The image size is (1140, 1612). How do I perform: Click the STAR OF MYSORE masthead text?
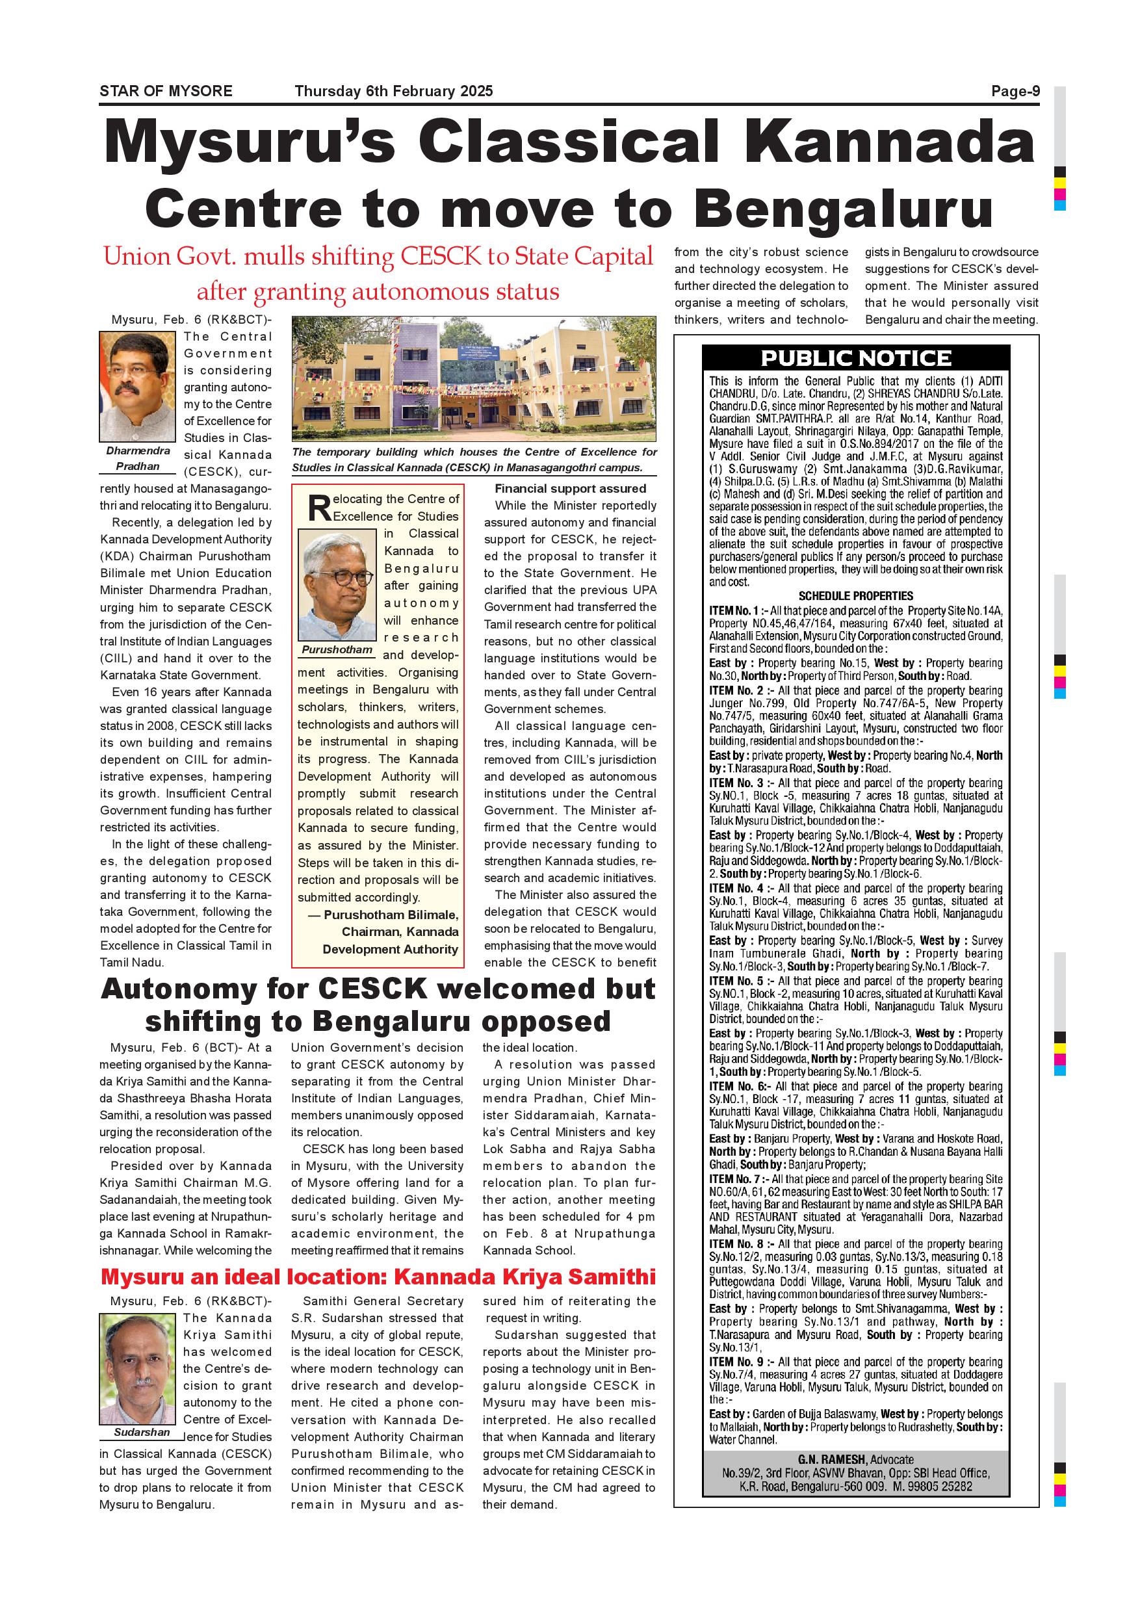click(x=166, y=91)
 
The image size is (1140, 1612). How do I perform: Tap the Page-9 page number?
click(x=1015, y=91)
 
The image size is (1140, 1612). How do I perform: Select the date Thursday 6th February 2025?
click(x=394, y=91)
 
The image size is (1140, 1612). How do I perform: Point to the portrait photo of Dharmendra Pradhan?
click(x=138, y=387)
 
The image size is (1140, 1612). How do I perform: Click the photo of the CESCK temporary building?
click(x=474, y=379)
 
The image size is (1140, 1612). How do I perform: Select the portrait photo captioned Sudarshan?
click(x=138, y=1368)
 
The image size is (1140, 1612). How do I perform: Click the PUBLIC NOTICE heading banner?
click(x=856, y=358)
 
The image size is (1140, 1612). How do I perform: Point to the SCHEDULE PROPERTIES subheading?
click(x=856, y=596)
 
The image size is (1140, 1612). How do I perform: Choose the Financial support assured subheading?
click(x=570, y=489)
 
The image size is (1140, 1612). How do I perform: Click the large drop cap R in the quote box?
click(x=319, y=508)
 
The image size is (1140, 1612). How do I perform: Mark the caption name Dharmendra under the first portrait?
click(x=138, y=450)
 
